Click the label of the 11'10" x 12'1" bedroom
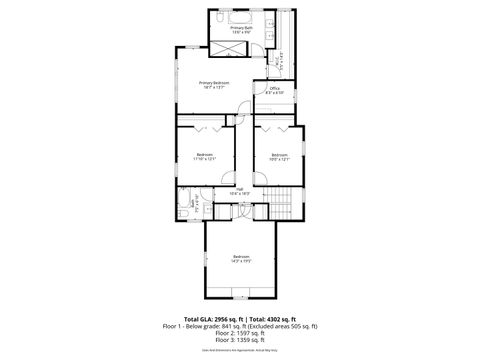pyautogui.click(x=205, y=156)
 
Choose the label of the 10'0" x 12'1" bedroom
pyautogui.click(x=279, y=156)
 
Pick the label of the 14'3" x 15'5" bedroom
pyautogui.click(x=240, y=260)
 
